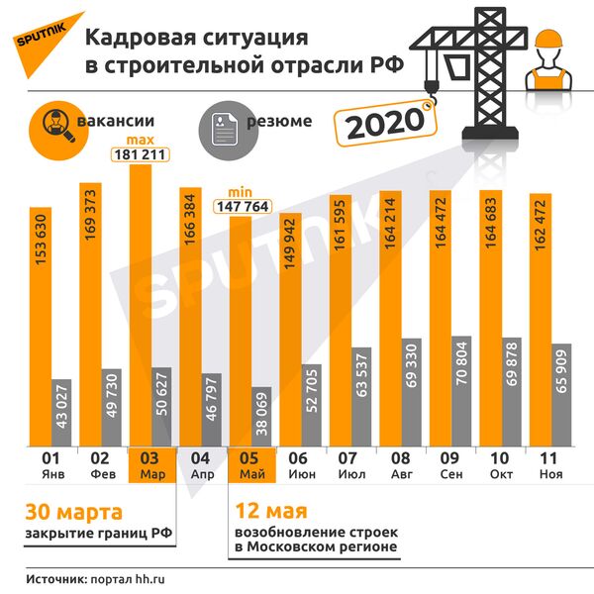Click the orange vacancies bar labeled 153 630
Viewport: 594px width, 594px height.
[40, 327]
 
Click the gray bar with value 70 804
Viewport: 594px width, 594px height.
[462, 391]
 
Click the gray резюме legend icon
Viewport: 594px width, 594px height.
[224, 127]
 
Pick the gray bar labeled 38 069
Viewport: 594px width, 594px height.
[261, 416]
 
